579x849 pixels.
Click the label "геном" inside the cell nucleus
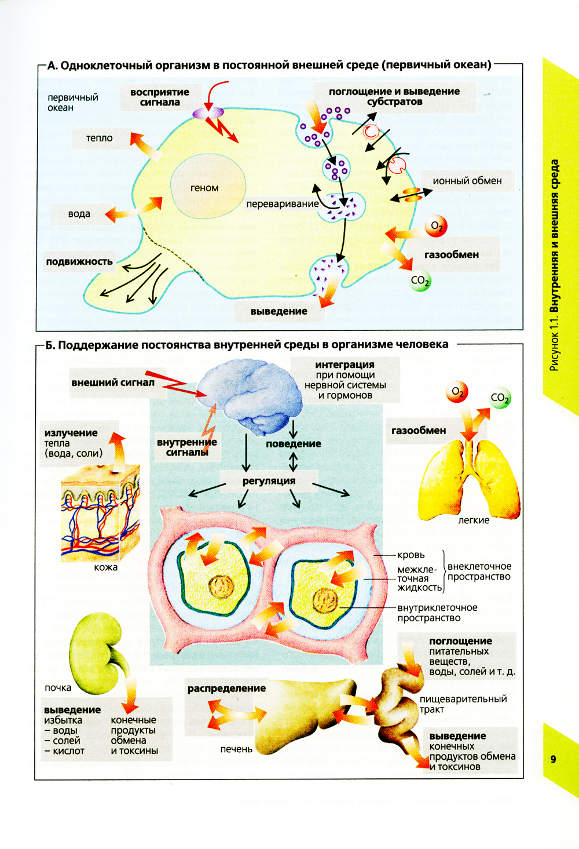coord(204,188)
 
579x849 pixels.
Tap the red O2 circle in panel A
coord(436,227)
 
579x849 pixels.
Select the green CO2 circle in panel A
coord(420,280)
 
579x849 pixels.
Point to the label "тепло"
coord(100,138)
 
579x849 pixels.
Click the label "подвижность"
coord(79,261)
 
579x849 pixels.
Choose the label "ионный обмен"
coord(467,181)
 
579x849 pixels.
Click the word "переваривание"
coord(283,204)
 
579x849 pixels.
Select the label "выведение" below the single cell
coord(279,311)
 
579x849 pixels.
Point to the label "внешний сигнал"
coord(113,382)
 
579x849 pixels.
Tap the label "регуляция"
coord(269,481)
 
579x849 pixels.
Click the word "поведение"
coord(294,444)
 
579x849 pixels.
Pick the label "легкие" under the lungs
coord(474,520)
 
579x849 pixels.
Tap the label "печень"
coord(236,749)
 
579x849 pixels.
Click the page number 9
coord(554,759)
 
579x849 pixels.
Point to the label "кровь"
coord(411,555)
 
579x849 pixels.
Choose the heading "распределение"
coord(226,688)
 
